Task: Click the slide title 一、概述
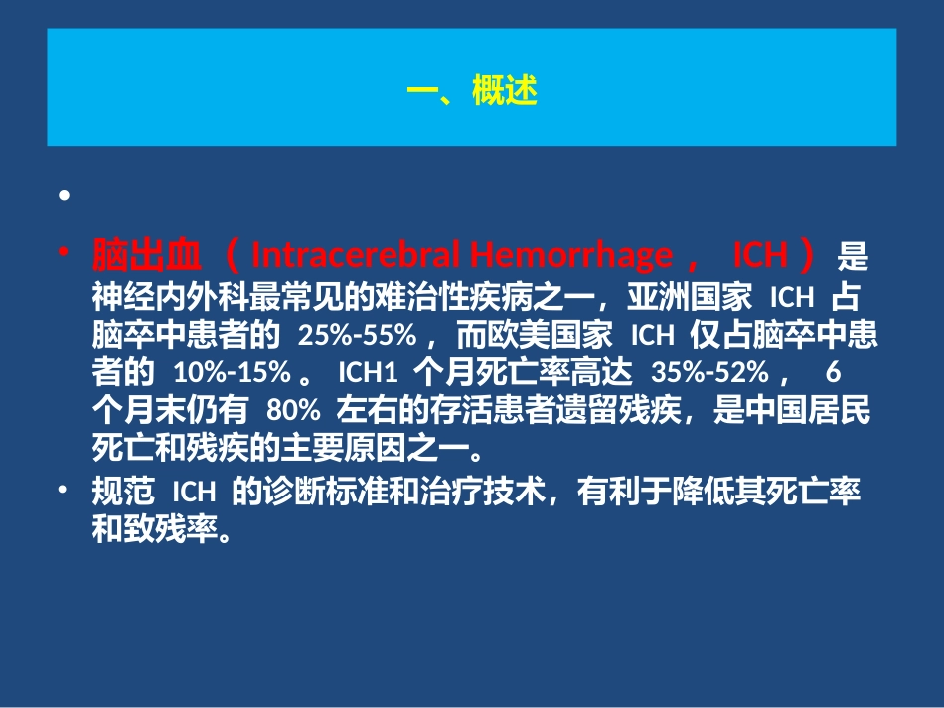[x=472, y=92]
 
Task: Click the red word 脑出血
[x=147, y=256]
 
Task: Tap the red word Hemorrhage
[x=570, y=256]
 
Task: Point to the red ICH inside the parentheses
[x=759, y=256]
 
